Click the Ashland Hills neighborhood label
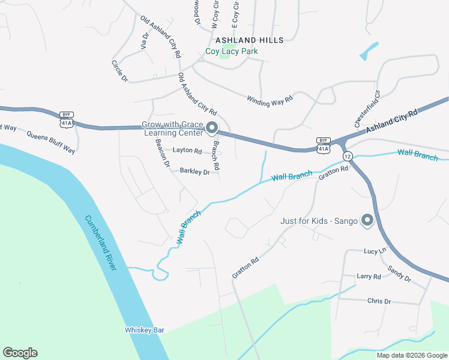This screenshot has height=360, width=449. coord(249,40)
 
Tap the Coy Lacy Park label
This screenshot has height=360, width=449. coord(232,52)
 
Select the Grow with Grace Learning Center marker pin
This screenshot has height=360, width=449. coord(211,128)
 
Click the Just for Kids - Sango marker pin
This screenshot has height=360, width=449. coord(367,221)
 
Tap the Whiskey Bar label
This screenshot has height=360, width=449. coord(144,330)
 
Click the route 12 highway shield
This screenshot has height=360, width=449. coord(348,156)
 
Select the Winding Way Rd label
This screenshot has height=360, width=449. coord(269,98)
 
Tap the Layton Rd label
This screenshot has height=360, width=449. coord(187,151)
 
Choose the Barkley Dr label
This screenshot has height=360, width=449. coord(194,171)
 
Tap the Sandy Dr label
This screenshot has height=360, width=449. coord(399,274)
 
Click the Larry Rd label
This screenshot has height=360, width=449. coord(369,277)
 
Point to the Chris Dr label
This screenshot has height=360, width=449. coord(379,301)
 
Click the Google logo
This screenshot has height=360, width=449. coord(20,353)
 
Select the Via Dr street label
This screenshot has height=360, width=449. coord(144,40)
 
